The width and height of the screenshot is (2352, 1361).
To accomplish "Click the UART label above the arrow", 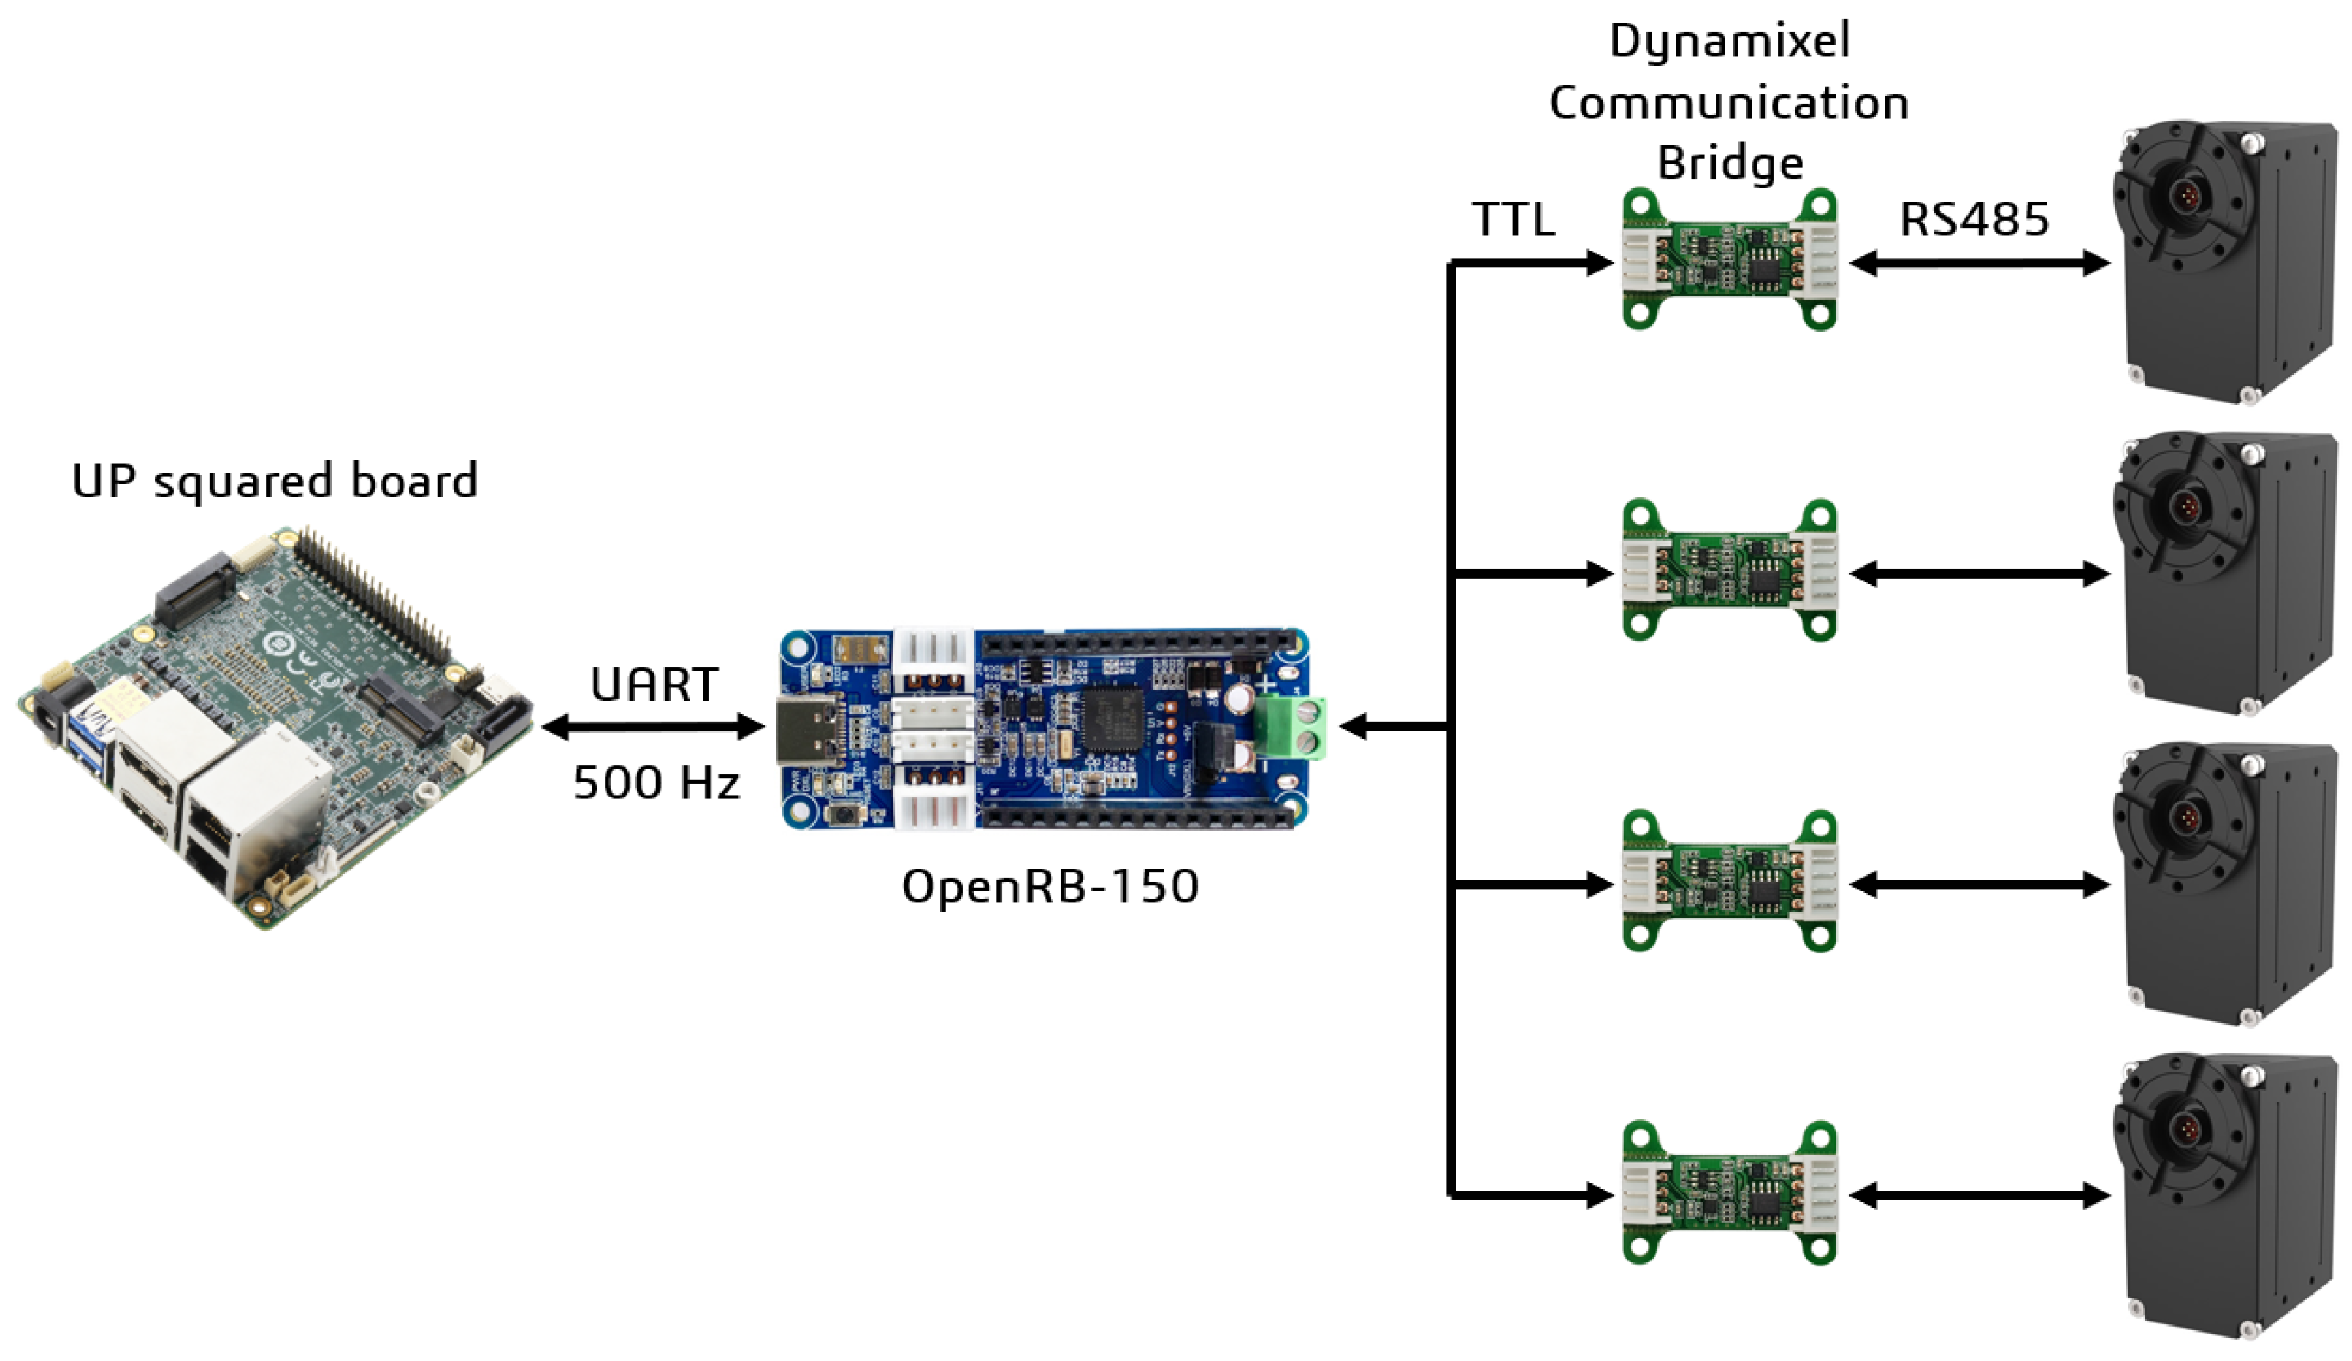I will (654, 685).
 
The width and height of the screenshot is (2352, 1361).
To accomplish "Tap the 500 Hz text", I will (656, 782).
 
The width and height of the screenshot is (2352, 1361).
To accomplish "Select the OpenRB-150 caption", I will (1050, 886).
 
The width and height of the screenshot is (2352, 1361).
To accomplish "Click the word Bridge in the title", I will (1730, 164).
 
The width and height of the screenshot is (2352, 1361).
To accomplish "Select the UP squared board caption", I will (275, 481).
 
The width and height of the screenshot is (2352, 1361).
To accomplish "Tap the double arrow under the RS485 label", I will (1979, 263).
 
